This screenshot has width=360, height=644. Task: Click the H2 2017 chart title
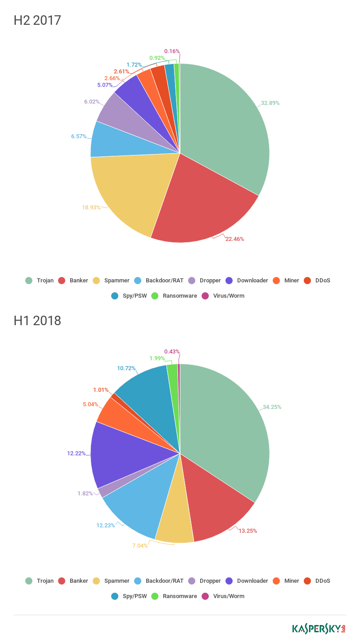click(x=37, y=21)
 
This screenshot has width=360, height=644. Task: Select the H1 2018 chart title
click(x=37, y=321)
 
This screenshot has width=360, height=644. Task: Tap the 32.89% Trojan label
click(x=270, y=103)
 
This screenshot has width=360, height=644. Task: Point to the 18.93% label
click(x=91, y=208)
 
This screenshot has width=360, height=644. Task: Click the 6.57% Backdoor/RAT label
click(x=78, y=136)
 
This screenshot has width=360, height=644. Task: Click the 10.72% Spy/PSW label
click(x=126, y=368)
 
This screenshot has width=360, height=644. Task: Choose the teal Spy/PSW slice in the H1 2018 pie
click(x=148, y=396)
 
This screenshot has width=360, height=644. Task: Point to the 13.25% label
click(x=247, y=531)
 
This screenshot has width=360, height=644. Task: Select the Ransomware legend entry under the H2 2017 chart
click(x=180, y=296)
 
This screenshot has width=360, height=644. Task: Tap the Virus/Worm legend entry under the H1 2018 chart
click(x=229, y=596)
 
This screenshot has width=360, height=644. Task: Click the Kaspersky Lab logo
click(x=319, y=629)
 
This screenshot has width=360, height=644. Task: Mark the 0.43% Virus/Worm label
click(x=171, y=352)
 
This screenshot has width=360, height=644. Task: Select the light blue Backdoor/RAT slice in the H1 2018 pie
click(x=135, y=500)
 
